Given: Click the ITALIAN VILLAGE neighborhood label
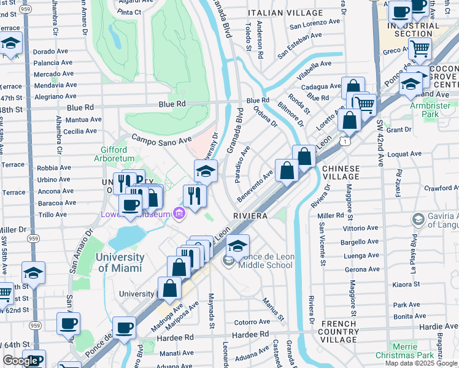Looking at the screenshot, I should (285, 13).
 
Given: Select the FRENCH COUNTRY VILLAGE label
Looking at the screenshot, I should (338, 331).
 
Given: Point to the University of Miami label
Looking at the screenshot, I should (120, 263).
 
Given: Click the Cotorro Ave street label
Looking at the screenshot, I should (252, 321).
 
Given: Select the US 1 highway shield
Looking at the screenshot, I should (347, 142).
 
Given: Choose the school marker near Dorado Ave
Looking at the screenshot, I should (11, 44).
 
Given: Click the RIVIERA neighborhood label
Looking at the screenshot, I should (250, 217).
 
